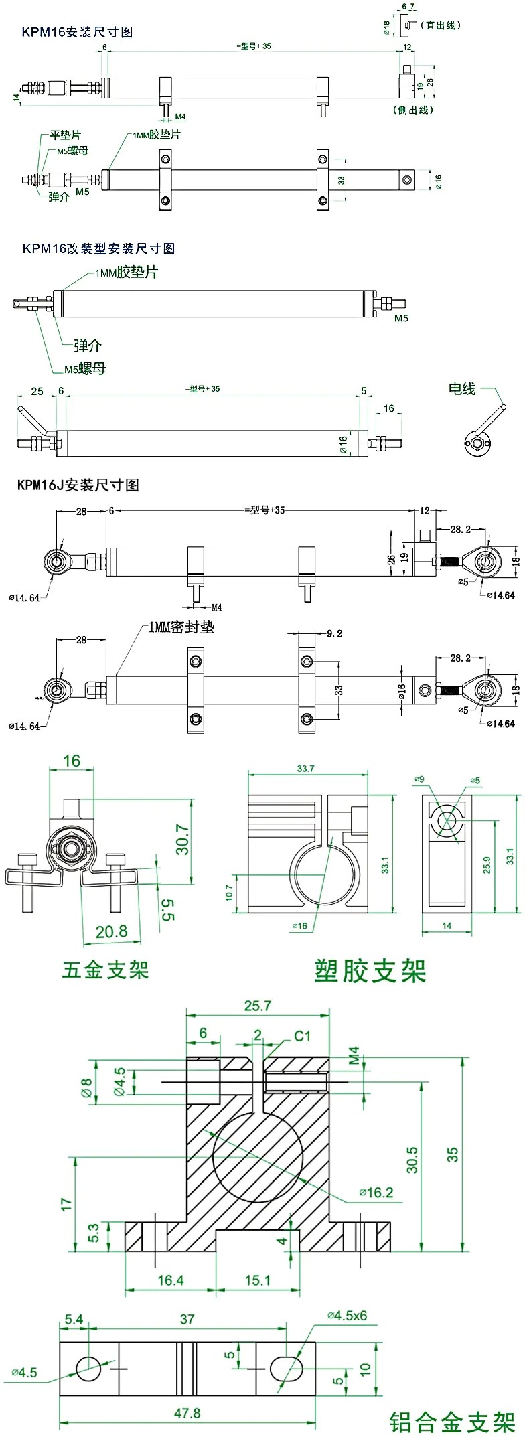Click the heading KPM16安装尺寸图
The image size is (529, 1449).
[77, 32]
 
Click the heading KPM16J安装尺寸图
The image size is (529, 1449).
[78, 485]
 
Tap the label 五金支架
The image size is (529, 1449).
[105, 969]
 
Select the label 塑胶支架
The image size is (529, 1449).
[370, 970]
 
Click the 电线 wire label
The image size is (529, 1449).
[462, 389]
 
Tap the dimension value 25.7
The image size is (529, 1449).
[258, 1006]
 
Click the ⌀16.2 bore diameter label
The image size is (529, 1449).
[376, 1192]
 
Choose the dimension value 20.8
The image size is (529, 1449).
[111, 931]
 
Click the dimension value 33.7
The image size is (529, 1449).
[305, 769]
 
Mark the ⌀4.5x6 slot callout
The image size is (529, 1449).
[347, 1315]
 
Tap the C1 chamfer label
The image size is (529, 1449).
[303, 1036]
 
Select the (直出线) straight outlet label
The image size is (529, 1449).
[441, 25]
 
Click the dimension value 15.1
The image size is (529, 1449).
[257, 1280]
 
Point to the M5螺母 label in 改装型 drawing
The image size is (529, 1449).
[85, 368]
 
